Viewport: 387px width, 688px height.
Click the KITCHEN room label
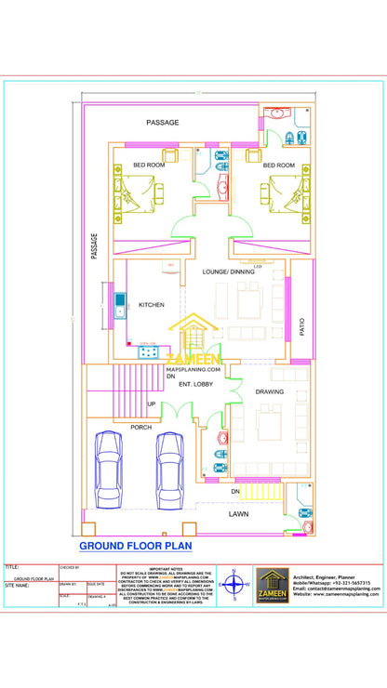click(x=152, y=305)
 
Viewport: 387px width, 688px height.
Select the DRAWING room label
click(x=270, y=391)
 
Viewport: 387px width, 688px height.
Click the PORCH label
click(x=141, y=427)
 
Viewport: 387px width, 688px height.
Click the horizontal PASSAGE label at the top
click(x=163, y=123)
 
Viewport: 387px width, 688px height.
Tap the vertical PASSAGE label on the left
click(x=94, y=246)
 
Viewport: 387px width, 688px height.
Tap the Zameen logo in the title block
click(x=273, y=586)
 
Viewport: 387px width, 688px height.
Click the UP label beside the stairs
click(x=152, y=404)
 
